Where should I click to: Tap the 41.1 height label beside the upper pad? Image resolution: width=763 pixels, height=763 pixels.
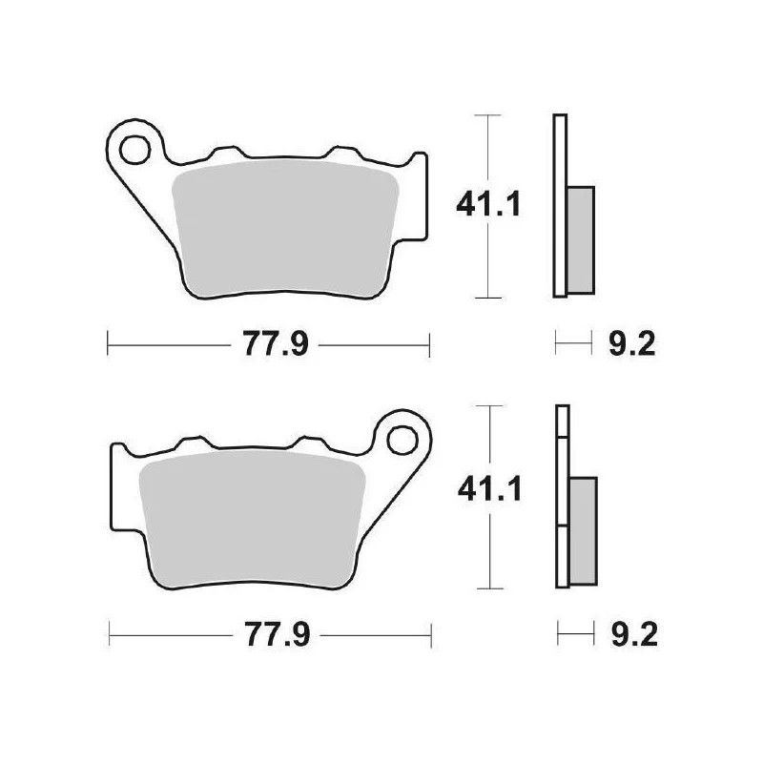point(488,204)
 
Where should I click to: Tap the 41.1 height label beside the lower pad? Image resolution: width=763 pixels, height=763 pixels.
point(490,488)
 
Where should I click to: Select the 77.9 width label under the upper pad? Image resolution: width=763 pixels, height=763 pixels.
point(276,343)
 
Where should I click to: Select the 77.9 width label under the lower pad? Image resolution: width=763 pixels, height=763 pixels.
point(277,634)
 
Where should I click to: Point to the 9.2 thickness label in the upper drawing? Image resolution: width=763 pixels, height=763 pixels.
point(632,343)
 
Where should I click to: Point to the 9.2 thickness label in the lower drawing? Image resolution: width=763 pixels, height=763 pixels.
point(634,634)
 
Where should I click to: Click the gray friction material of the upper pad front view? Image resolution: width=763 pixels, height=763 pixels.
point(285,228)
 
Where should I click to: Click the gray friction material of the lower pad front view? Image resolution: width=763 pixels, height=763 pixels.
point(252,519)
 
